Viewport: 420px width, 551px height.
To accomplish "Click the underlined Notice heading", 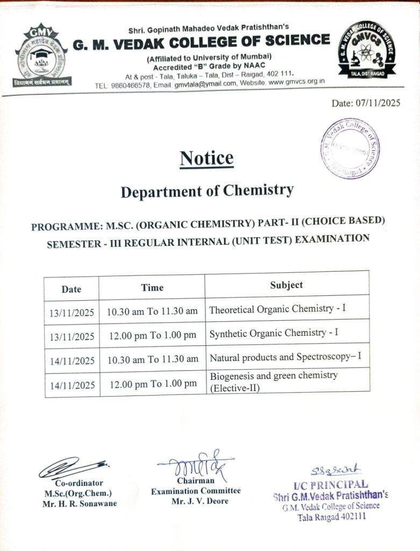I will [207, 158].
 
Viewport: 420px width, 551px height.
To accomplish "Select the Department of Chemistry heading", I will [207, 191].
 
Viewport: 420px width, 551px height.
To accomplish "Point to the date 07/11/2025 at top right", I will [366, 103].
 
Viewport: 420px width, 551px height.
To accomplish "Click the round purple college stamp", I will [350, 149].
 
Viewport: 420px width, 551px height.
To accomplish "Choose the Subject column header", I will [286, 285].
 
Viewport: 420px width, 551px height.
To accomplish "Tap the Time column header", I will [152, 287].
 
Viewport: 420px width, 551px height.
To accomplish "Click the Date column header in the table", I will [71, 289].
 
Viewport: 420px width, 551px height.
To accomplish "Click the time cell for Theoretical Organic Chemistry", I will [152, 312].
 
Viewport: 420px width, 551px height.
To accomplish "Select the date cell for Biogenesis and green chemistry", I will [72, 385].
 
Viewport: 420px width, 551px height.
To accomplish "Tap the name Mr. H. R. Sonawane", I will [79, 504].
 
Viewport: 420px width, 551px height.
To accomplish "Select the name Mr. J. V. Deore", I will [200, 501].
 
